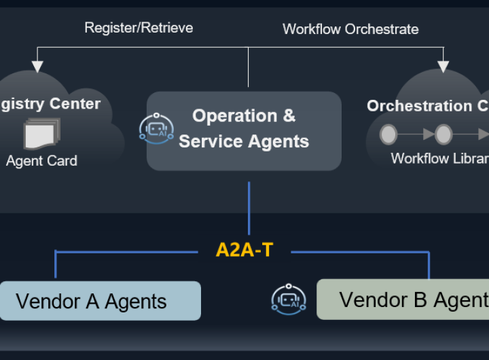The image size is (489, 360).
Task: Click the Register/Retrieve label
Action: tap(139, 28)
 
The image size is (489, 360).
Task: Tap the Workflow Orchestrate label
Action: tap(350, 29)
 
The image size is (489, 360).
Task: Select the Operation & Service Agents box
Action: tap(244, 130)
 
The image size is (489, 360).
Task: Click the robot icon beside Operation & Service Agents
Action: tap(156, 128)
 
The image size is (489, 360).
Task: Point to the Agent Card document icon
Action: tap(42, 134)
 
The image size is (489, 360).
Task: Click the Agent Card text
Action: tap(41, 161)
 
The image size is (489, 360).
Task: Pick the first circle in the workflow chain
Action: tap(388, 134)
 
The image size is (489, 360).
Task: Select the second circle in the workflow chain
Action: tap(443, 134)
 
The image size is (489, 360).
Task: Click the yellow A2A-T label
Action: tap(244, 250)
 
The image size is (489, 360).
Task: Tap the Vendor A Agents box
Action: tap(100, 301)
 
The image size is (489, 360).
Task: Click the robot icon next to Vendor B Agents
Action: tap(289, 300)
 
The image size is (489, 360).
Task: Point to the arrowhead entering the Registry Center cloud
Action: tap(37, 67)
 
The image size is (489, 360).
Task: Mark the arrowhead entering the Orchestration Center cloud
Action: tap(443, 67)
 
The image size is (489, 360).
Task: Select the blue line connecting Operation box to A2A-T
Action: tap(249, 207)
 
